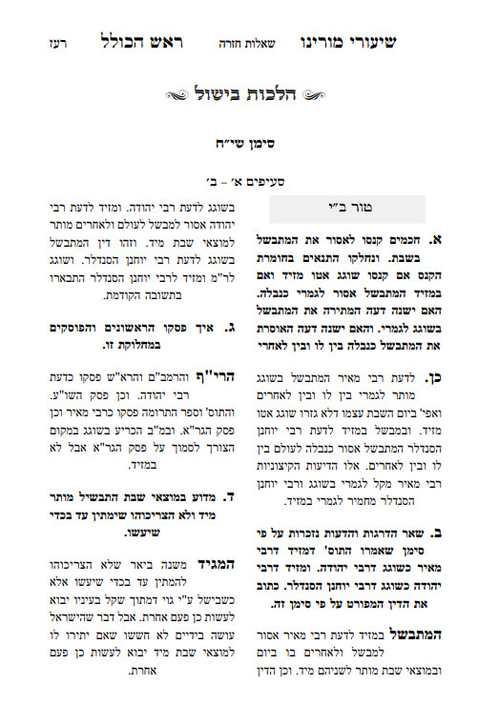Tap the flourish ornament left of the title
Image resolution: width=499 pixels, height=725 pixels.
[182, 95]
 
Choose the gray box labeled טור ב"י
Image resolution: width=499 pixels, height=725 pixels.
[347, 210]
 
